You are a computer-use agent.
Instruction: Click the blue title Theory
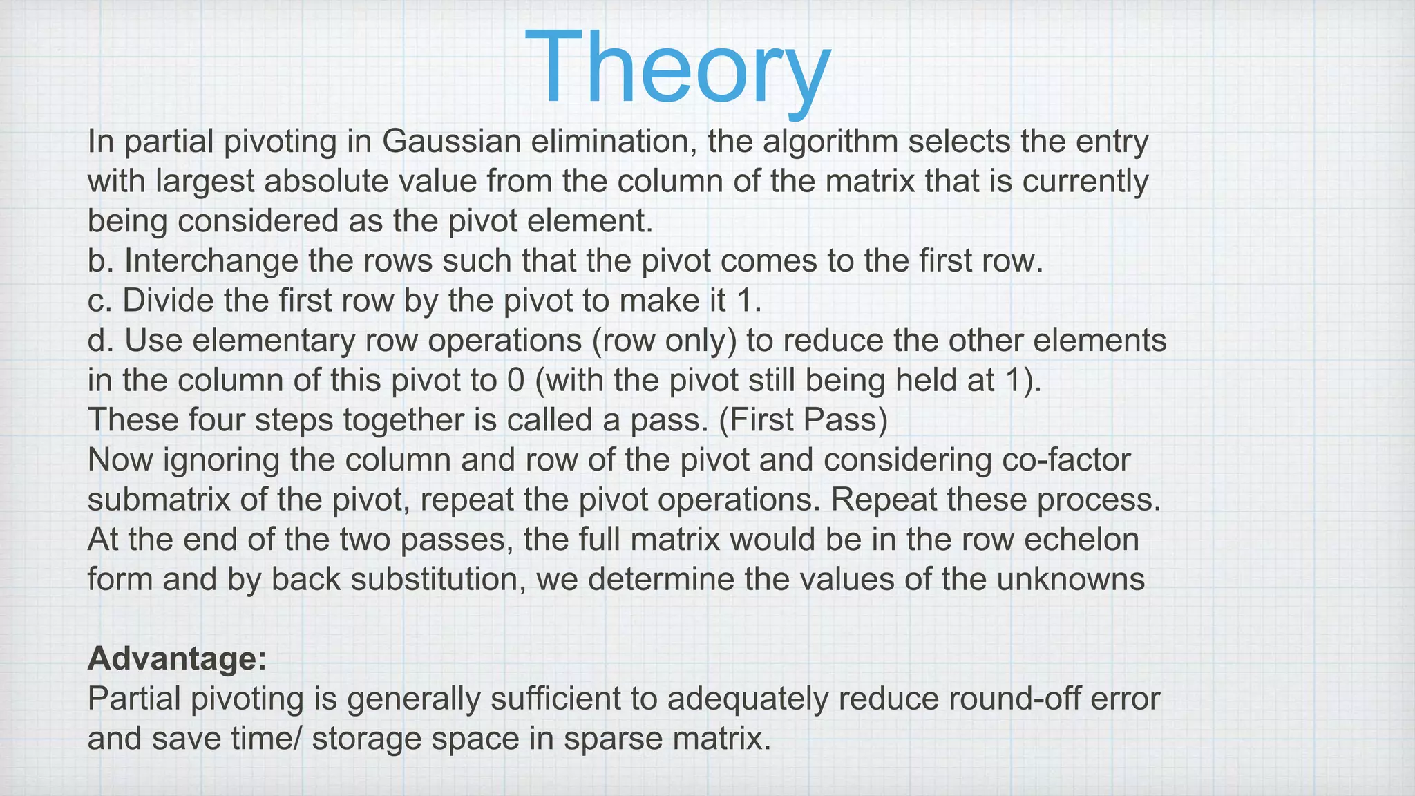click(678, 68)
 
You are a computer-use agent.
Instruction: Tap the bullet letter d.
click(100, 341)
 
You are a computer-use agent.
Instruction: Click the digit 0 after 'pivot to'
click(515, 381)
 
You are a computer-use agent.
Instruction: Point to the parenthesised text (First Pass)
click(803, 420)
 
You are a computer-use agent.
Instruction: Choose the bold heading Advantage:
click(177, 659)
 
